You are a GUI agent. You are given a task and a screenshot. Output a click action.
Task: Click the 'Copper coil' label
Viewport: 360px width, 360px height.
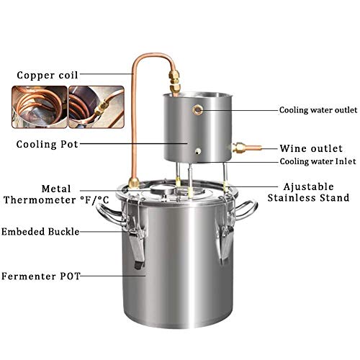point(44,74)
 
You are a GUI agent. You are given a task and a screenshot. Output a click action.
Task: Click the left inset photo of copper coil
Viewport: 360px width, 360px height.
point(38,106)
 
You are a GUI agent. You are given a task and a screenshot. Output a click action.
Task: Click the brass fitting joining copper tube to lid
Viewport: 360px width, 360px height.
point(133,183)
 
